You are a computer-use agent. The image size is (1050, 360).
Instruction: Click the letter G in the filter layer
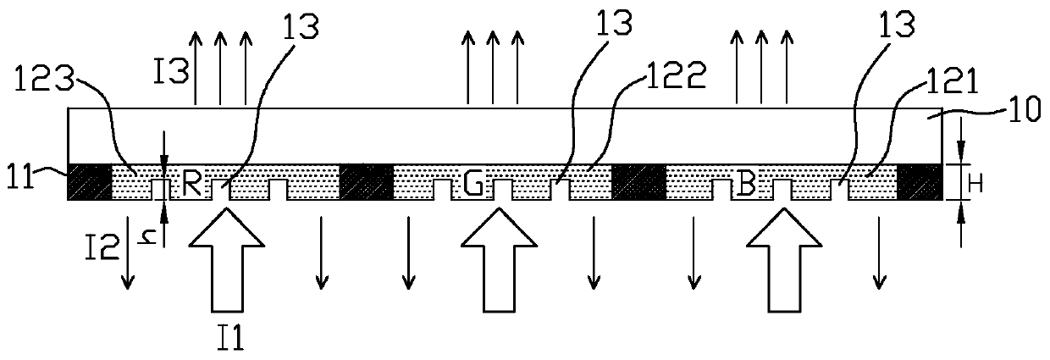pos(473,186)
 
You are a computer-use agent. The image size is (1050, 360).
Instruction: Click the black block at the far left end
pos(89,181)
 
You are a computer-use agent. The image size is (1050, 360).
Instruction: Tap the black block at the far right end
pos(919,181)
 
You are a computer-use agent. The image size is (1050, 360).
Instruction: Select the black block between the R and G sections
pos(366,181)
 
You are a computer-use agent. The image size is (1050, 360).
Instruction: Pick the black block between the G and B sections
pos(638,181)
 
